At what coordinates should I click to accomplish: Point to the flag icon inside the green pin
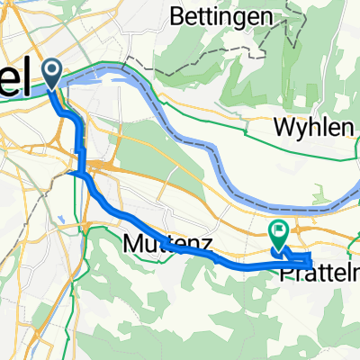pyautogui.click(x=278, y=230)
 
